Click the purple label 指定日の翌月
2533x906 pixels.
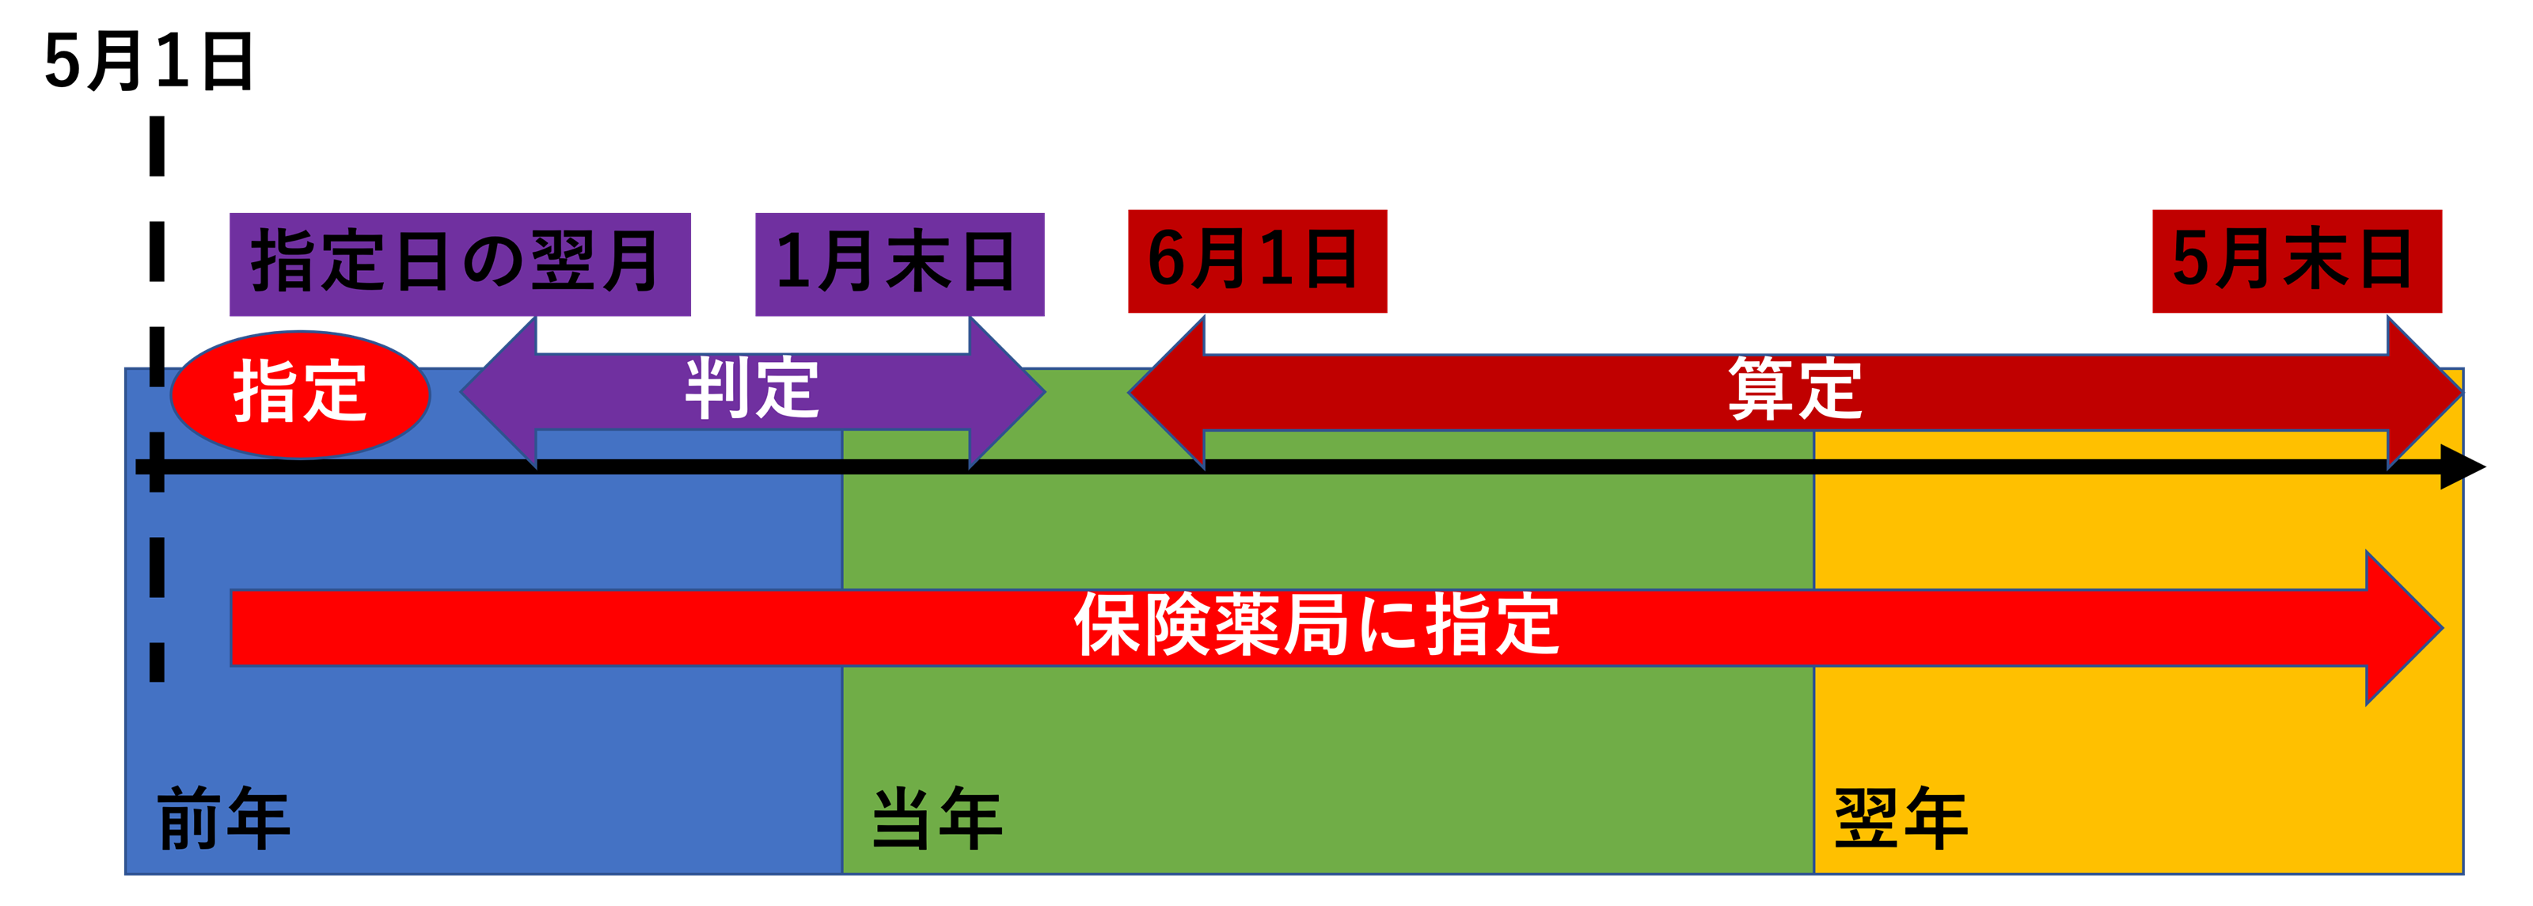click(x=459, y=264)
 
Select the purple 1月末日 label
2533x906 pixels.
click(x=898, y=264)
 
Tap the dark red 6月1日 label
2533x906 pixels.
click(x=1257, y=261)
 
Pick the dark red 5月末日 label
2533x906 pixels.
click(x=2296, y=261)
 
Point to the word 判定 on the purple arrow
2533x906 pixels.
click(x=752, y=390)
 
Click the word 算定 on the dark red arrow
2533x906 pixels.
click(x=1794, y=390)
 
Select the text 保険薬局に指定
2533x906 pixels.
click(x=1316, y=626)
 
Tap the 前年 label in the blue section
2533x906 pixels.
click(x=223, y=818)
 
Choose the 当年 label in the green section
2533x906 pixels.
click(x=936, y=818)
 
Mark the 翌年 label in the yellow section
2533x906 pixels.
click(x=1900, y=818)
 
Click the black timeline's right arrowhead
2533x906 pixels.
click(x=2452, y=467)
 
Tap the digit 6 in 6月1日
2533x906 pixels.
click(x=1168, y=261)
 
